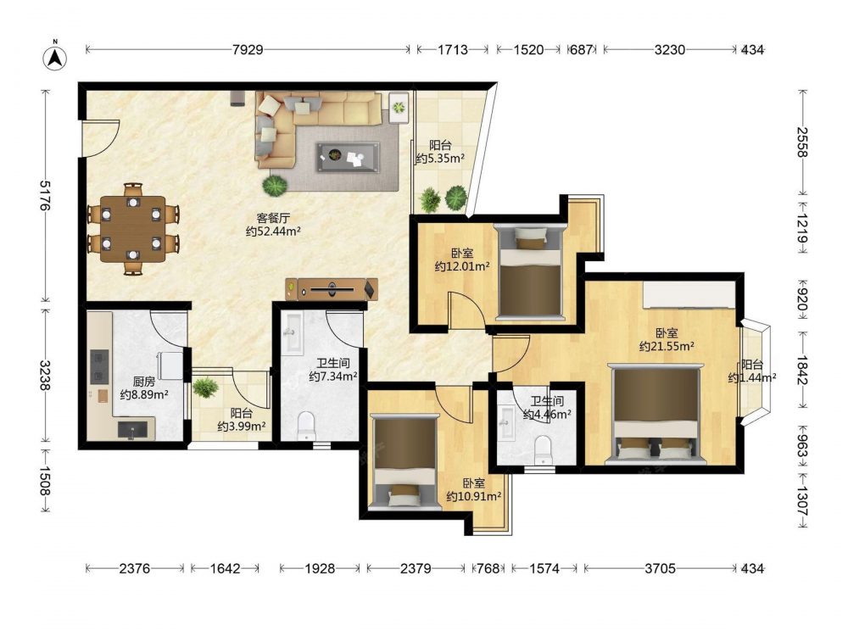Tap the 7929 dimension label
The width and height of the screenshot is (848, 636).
tap(248, 50)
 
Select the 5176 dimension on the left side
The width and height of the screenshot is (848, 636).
tap(45, 196)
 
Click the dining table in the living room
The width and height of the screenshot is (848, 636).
tap(133, 229)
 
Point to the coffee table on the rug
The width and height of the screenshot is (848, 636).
tap(348, 158)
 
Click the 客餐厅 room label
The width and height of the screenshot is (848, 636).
tap(272, 218)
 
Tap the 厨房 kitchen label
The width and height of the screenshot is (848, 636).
tap(143, 382)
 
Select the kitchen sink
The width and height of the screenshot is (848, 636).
tap(132, 430)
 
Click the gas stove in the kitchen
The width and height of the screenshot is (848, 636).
tap(99, 366)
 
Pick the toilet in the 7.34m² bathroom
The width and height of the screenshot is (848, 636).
tap(306, 427)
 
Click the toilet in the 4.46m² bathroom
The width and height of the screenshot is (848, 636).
tap(543, 450)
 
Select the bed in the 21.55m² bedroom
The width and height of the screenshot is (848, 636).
tap(656, 414)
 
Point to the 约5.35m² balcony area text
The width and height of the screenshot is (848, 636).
tap(441, 159)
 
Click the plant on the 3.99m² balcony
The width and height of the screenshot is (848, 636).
tap(205, 388)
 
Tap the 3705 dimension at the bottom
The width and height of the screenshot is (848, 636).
tap(660, 568)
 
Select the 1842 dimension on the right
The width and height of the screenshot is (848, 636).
tap(801, 371)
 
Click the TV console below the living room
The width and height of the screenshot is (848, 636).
tap(332, 289)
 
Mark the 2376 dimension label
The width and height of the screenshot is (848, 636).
tap(135, 568)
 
